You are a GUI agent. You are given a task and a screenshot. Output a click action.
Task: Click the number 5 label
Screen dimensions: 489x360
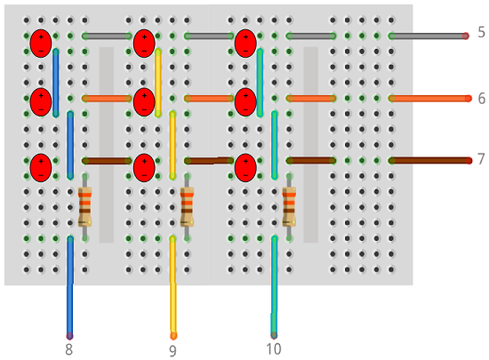tap(481, 32)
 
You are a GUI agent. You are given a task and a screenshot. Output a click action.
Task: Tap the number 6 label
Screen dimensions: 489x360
tap(482, 99)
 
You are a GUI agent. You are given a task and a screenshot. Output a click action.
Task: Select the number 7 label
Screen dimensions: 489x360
tap(481, 159)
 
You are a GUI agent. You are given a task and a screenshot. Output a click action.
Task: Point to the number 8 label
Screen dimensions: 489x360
tap(69, 349)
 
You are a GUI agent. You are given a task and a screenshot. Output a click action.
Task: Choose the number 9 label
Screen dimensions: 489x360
tap(172, 350)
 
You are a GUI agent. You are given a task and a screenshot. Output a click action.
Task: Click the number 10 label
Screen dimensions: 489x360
tap(274, 349)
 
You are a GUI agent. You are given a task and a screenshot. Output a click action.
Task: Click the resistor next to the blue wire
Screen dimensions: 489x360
tap(84, 206)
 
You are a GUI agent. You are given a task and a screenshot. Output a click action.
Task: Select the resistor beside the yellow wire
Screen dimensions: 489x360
tap(187, 206)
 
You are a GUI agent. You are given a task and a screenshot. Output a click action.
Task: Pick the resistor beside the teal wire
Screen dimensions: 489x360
tap(289, 206)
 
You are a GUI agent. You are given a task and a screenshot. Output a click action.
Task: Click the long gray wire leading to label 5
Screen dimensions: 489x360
tap(429, 36)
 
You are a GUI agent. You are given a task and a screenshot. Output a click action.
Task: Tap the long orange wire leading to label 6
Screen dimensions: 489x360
tap(430, 99)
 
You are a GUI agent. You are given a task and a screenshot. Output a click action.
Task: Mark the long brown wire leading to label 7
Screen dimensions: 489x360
tap(430, 161)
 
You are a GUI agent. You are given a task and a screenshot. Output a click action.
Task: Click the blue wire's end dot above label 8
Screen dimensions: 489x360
tap(69, 336)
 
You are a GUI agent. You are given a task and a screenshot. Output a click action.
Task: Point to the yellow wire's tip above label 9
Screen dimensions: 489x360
tap(173, 336)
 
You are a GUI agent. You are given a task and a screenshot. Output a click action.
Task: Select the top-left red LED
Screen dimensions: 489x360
tap(41, 44)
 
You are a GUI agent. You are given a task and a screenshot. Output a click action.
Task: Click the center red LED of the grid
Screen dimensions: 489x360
tap(144, 102)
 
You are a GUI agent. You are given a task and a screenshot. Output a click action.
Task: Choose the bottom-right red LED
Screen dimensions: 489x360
tap(245, 168)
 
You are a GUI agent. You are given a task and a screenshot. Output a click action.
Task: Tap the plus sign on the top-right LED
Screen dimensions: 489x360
tap(245, 37)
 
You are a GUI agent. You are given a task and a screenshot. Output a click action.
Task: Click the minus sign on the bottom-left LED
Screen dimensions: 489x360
tap(41, 175)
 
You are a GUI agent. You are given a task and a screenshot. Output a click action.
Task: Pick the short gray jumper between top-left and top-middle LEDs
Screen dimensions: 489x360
tap(107, 36)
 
